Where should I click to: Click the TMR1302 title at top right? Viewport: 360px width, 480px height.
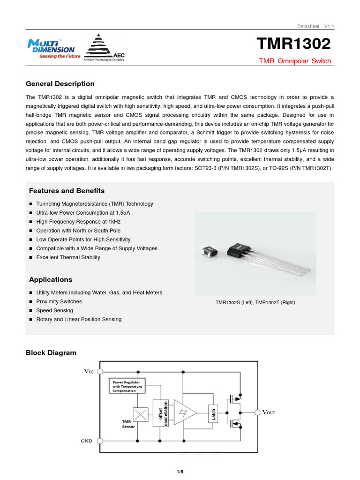tap(293, 44)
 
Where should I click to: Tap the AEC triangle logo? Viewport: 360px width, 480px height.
tap(100, 47)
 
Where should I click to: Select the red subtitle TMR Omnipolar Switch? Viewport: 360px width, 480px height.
tap(295, 61)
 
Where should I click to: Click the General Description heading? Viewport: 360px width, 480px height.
tap(60, 84)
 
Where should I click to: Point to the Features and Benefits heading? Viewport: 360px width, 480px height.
tap(67, 191)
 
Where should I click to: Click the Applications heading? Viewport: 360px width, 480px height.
tap(51, 279)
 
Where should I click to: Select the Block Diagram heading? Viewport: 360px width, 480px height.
tap(51, 352)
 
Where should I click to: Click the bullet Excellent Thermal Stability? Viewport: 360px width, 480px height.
tap(68, 257)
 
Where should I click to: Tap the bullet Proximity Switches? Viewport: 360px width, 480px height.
tap(59, 301)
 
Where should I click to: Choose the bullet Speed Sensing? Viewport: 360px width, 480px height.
tap(54, 310)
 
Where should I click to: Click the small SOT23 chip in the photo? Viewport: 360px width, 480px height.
tap(209, 252)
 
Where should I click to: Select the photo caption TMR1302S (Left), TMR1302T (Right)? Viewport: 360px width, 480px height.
tap(255, 303)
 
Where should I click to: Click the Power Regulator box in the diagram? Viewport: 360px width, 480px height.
tap(127, 386)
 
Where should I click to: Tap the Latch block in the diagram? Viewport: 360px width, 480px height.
tap(214, 414)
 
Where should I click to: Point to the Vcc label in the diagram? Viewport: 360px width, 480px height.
tap(89, 371)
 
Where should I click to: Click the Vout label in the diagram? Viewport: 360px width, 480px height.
tap(268, 412)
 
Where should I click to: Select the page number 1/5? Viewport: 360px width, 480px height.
tap(180, 472)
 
